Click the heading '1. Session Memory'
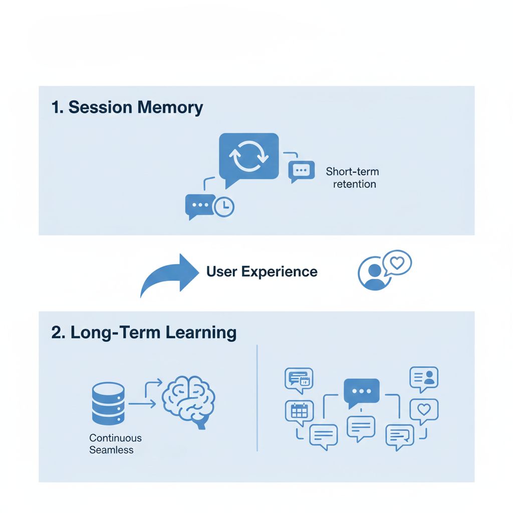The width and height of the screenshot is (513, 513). click(127, 107)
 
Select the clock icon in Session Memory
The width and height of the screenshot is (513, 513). click(224, 206)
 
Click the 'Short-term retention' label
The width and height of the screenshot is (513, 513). click(353, 178)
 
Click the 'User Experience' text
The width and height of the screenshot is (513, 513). click(262, 272)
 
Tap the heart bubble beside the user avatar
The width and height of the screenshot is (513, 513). click(397, 263)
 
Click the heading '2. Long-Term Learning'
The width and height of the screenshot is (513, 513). click(144, 333)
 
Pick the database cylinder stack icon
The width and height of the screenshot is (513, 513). click(108, 403)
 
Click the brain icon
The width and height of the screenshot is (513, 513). click(189, 401)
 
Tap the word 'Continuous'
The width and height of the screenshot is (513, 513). click(116, 438)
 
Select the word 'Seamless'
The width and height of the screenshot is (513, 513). click(111, 450)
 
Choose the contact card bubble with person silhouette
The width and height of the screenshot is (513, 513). click(424, 379)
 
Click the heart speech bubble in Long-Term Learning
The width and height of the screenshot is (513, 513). click(424, 411)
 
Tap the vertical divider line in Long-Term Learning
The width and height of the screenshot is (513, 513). click(257, 398)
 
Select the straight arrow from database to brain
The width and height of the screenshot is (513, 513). click(142, 404)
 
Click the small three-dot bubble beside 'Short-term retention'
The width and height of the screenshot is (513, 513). click(301, 171)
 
